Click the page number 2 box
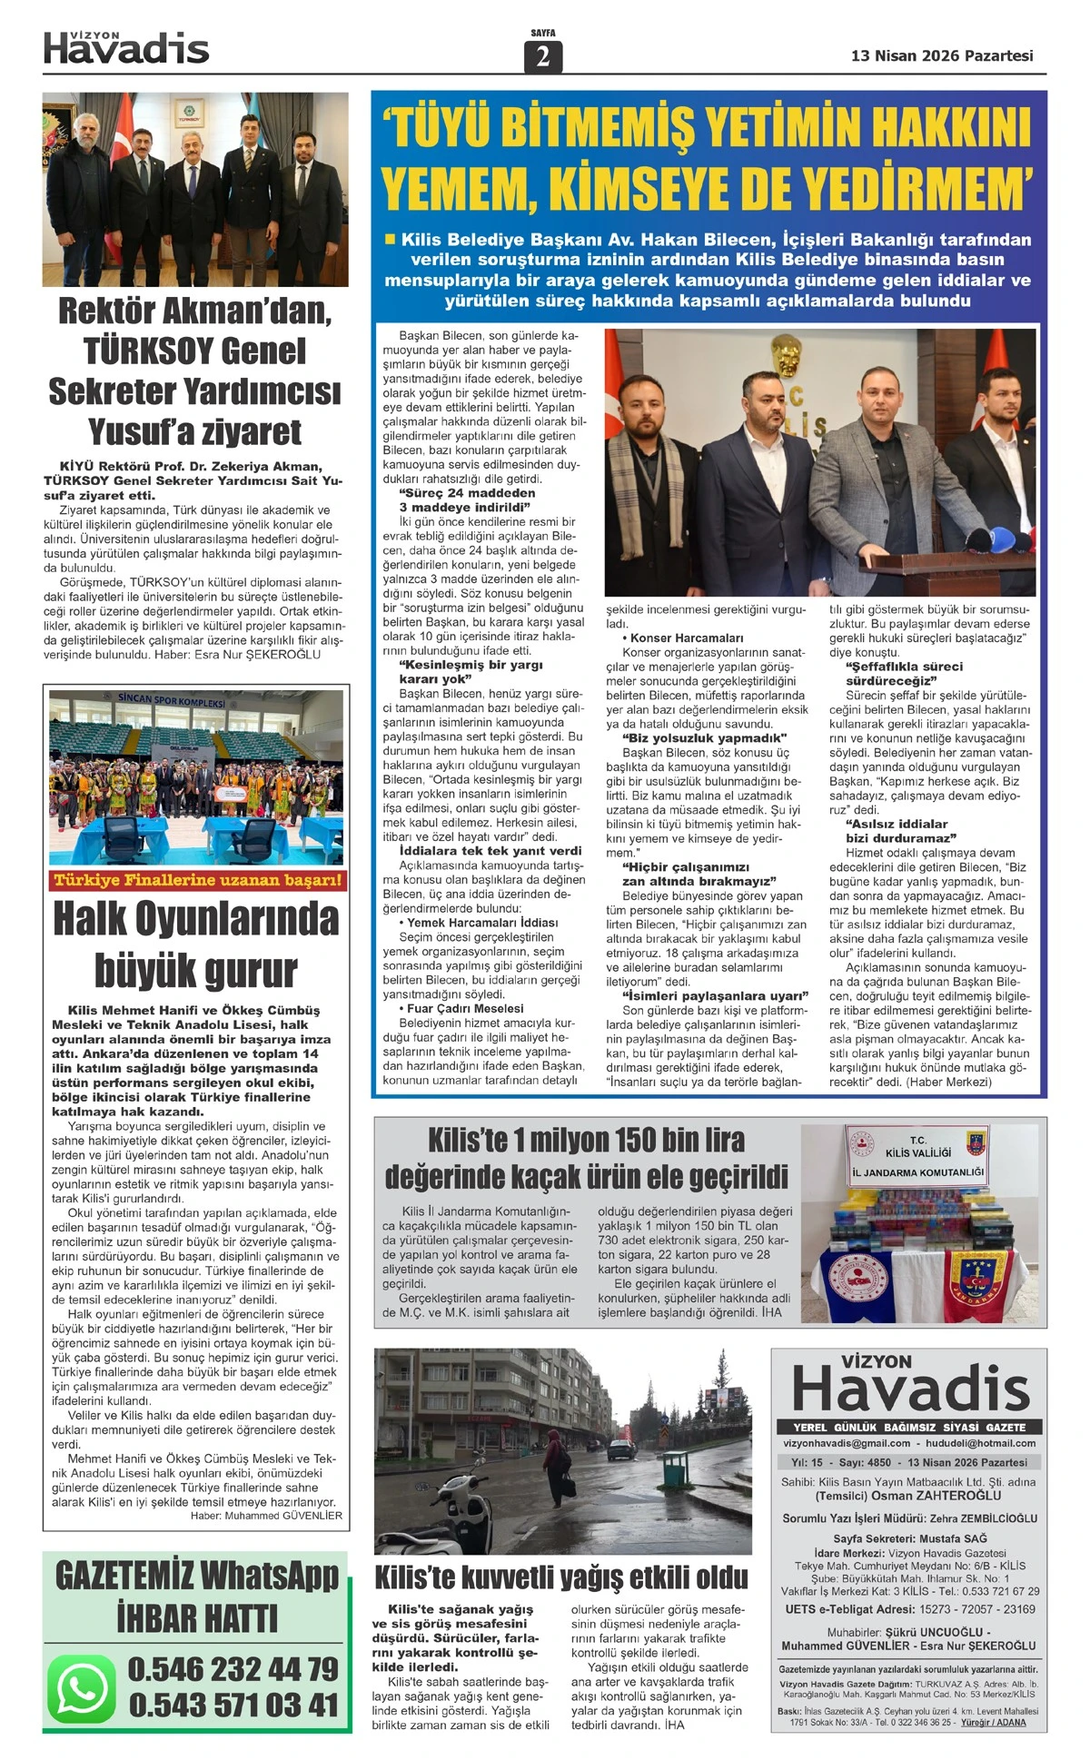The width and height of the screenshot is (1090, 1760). point(543,56)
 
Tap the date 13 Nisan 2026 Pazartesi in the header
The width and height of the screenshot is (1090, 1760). point(941,55)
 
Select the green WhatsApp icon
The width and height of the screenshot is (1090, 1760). point(83,1686)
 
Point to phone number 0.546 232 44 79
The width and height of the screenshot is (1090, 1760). point(233,1669)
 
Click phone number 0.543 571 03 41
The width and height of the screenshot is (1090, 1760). point(233,1705)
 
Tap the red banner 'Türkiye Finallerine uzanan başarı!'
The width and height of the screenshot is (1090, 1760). point(197,879)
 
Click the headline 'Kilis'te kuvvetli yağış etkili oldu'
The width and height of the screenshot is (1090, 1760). point(561,1577)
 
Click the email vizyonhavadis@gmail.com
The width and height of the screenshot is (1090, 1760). point(847,1443)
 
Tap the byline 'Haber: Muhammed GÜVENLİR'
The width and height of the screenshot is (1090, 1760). point(266,1515)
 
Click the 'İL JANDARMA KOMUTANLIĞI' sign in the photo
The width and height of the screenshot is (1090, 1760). point(918,1172)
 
